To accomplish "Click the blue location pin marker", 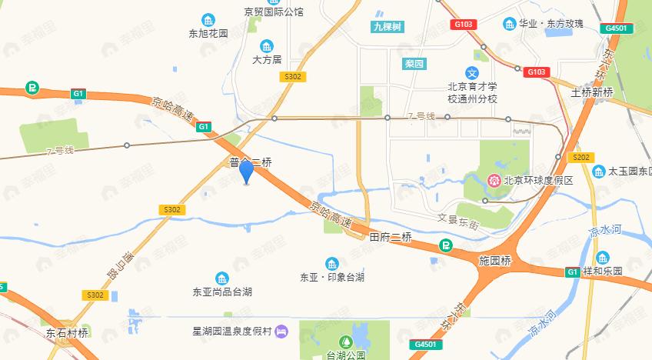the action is (x=246, y=172).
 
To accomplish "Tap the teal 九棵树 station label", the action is (x=387, y=27).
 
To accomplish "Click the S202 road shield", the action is (x=582, y=158).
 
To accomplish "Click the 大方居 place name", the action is (x=267, y=59).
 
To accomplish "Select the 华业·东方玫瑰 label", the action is (x=552, y=25).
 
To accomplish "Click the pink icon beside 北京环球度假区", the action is (x=492, y=181).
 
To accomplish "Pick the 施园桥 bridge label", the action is (x=494, y=261).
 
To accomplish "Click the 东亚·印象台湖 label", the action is (x=331, y=278).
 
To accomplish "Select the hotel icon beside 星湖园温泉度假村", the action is (x=281, y=332).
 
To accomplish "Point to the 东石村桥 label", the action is (x=67, y=333).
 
